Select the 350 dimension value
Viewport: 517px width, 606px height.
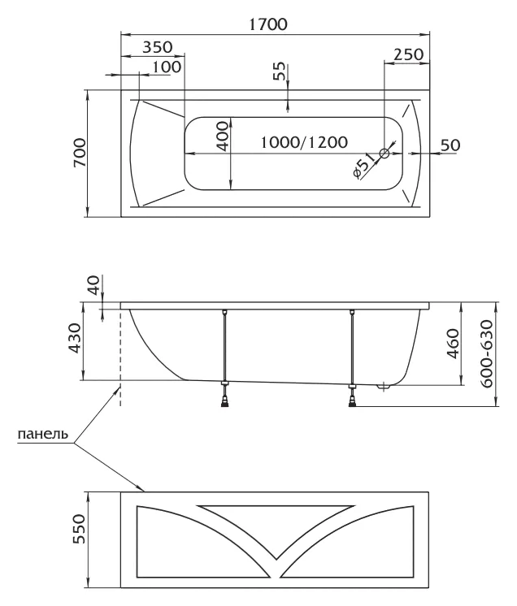[152, 47]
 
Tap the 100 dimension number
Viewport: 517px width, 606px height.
[165, 67]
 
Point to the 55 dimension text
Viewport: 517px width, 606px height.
[280, 71]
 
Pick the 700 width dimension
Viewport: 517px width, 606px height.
[79, 153]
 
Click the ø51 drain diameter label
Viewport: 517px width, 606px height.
[363, 168]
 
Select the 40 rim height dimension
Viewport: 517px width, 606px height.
[93, 286]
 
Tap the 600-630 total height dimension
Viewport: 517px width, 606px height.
[486, 354]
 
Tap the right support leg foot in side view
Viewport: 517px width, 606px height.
[352, 399]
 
